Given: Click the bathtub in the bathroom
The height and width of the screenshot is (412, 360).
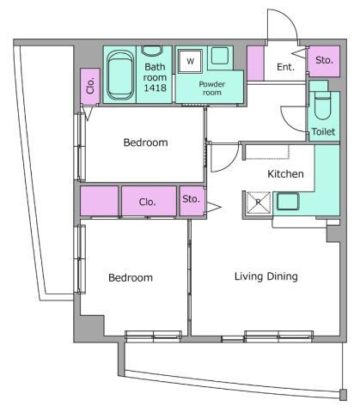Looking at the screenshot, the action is [x=120, y=75].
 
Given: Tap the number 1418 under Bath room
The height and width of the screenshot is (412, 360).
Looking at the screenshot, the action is [x=155, y=88].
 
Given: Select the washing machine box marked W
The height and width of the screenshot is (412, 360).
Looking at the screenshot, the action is [x=190, y=61].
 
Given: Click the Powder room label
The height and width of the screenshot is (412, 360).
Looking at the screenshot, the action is [x=212, y=88].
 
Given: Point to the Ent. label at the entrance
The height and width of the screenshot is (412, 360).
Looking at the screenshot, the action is [x=285, y=67].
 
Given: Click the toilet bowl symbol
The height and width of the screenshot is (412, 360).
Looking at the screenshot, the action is [x=323, y=106].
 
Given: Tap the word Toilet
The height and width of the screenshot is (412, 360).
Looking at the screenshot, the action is [x=323, y=131].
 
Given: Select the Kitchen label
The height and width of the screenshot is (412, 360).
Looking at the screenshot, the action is [x=285, y=173].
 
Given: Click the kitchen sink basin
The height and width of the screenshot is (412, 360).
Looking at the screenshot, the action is [x=288, y=202].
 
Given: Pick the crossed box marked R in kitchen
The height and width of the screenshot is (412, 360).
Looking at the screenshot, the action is [x=259, y=203].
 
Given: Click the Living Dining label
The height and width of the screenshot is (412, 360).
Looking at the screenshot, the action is [x=266, y=276].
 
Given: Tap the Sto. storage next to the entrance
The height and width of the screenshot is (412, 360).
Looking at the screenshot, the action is [x=324, y=61].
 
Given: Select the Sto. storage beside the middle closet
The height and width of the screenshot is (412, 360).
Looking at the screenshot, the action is [x=192, y=201].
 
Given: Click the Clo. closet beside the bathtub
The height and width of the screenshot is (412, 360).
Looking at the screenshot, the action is [x=90, y=86].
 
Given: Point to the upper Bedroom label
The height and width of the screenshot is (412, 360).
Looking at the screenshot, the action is [x=145, y=142].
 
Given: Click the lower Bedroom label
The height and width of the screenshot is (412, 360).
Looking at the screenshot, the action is [x=131, y=277].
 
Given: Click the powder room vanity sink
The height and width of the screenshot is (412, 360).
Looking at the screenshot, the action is [x=220, y=56].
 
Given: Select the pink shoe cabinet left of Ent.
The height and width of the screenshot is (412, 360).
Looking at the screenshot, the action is [x=255, y=64].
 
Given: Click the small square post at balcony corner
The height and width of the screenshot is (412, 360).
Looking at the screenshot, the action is [x=343, y=395].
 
